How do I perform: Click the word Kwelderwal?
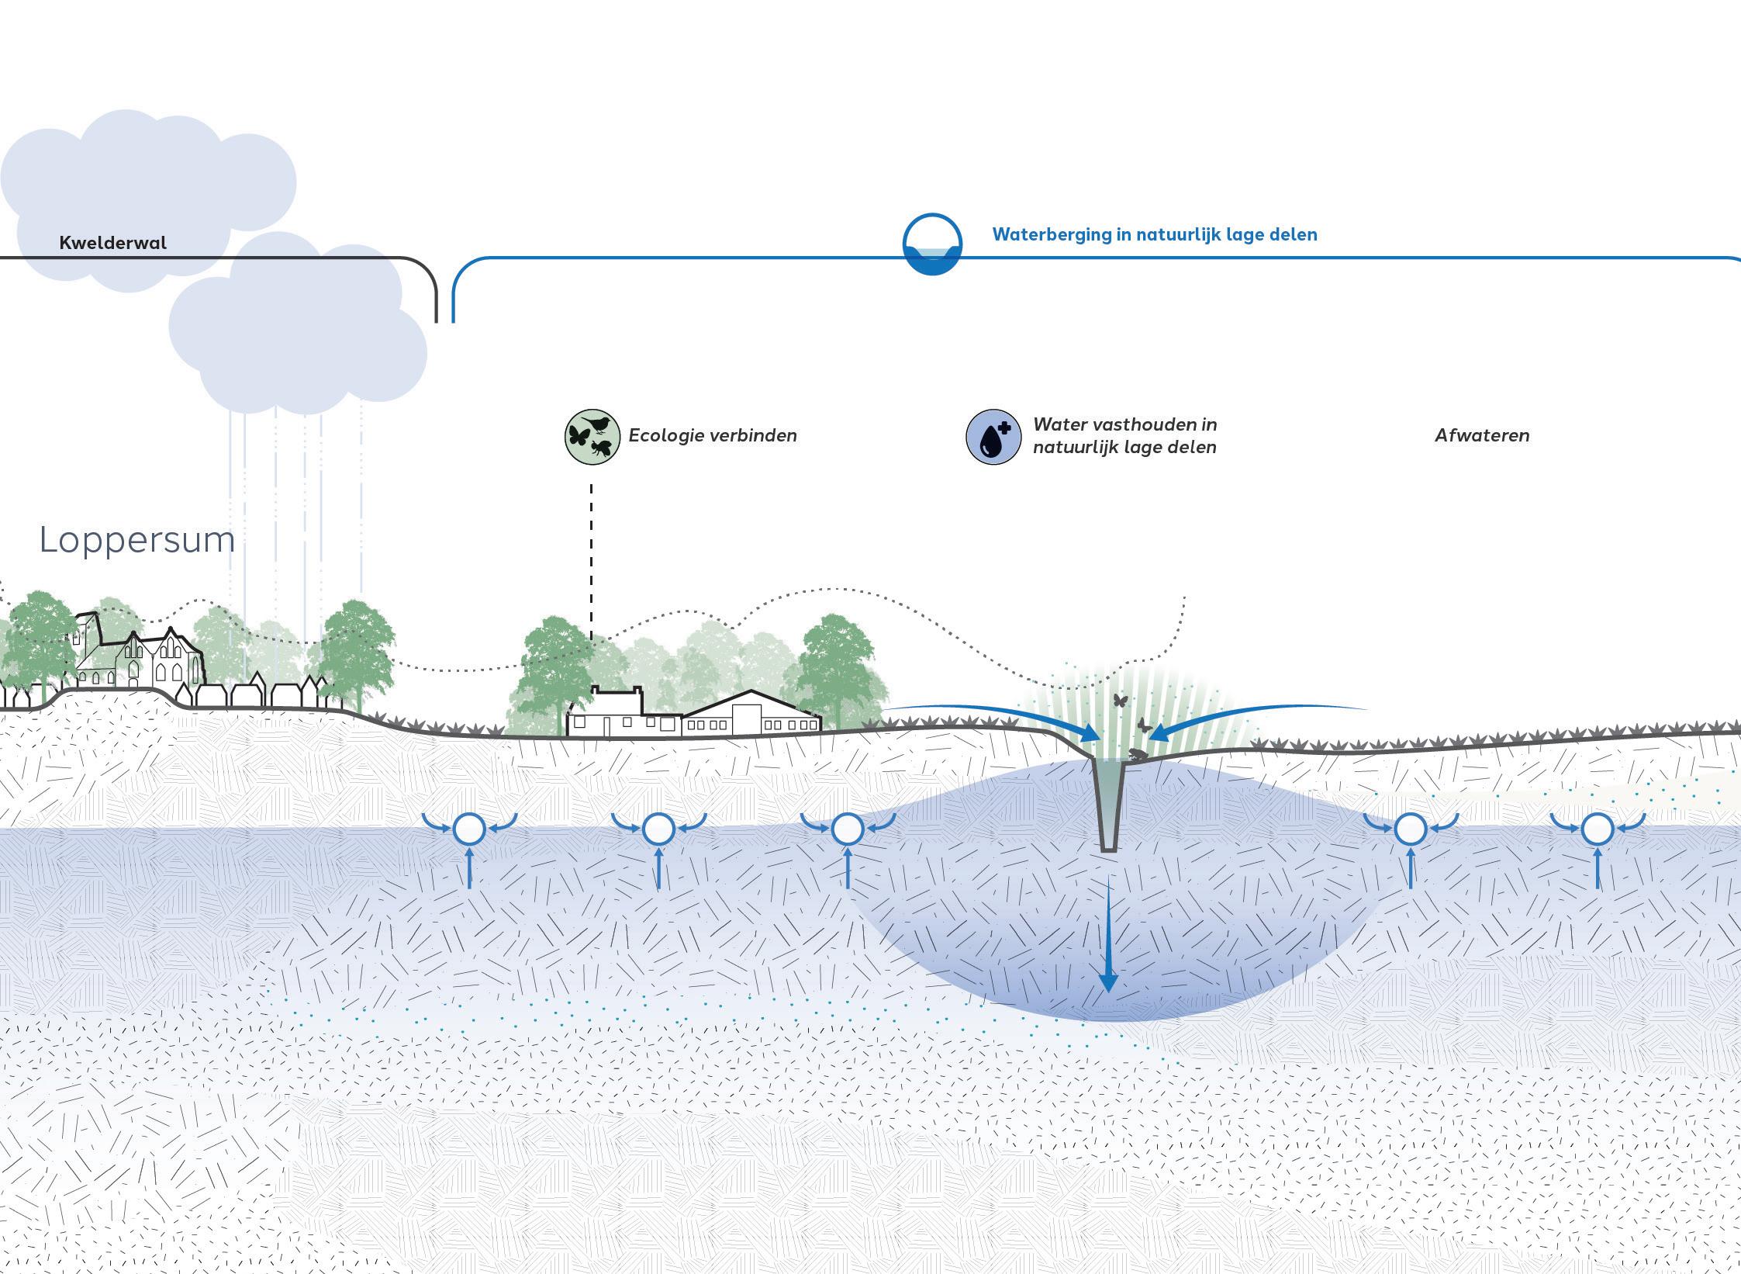tap(113, 243)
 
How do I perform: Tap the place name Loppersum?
tap(137, 540)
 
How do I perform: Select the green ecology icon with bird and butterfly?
tap(592, 437)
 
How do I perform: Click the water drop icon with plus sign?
tap(993, 437)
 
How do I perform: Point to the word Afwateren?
tap(1481, 435)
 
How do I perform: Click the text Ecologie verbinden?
tap(712, 435)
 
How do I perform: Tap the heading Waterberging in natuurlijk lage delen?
tap(1154, 234)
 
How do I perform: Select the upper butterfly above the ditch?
tap(1120, 700)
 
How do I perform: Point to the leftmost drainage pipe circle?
tap(469, 829)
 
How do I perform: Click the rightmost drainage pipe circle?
tap(1597, 829)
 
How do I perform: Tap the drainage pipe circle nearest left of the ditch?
tap(847, 829)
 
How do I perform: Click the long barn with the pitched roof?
tap(751, 715)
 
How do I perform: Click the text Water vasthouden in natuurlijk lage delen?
tap(1124, 435)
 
